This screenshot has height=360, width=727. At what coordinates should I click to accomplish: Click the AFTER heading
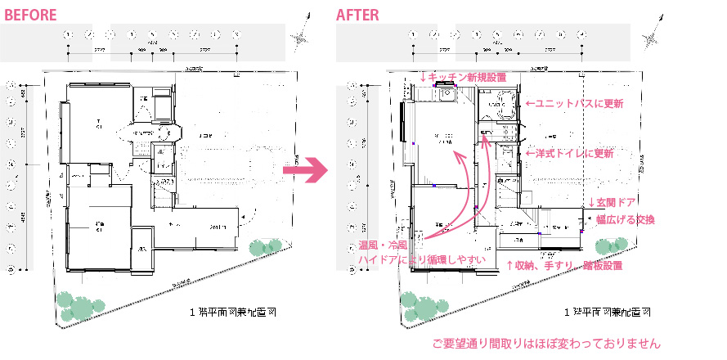click(358, 15)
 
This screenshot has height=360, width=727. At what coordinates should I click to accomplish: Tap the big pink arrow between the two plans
click(304, 170)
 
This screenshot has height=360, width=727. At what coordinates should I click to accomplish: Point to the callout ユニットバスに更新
click(576, 104)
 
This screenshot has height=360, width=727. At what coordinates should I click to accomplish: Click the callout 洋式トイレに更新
click(569, 153)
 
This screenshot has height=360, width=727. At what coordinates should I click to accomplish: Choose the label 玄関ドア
click(612, 202)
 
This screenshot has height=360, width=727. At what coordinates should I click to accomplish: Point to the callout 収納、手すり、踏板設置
click(565, 266)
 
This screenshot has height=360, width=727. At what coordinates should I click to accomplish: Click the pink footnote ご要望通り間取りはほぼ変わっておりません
click(545, 344)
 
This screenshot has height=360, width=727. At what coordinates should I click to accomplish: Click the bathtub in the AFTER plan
click(499, 103)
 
